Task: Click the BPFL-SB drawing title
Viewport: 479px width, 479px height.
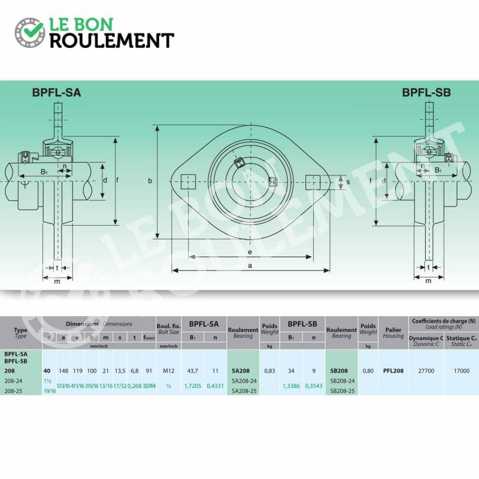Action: pos(426,93)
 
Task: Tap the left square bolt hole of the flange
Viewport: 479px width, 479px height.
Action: pos(188,180)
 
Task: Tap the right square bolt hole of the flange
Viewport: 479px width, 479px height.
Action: pos(313,180)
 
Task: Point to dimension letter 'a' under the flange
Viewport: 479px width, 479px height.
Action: pos(250,264)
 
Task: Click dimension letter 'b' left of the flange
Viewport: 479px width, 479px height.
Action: pos(151,180)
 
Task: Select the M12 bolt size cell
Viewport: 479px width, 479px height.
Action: pos(168,371)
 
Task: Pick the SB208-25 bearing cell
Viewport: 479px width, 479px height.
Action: pos(342,390)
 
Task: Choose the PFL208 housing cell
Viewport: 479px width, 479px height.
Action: pos(393,371)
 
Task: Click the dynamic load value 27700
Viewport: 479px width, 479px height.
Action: pos(426,371)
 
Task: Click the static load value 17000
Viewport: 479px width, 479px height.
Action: pos(461,371)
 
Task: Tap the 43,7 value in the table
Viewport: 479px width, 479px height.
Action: pos(192,371)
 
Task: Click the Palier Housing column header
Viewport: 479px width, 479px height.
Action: pos(393,332)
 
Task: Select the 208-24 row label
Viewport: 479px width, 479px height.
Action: pos(13,381)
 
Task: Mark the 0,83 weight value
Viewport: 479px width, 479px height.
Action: pos(269,371)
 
